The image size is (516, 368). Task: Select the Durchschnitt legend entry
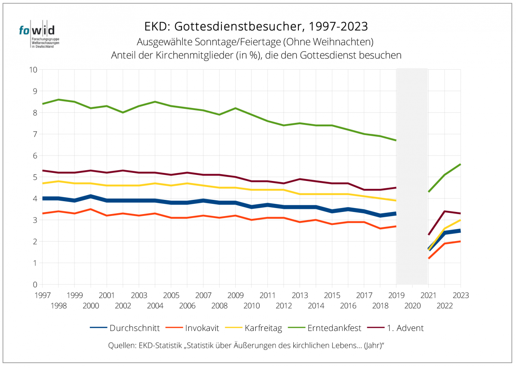tap(125, 328)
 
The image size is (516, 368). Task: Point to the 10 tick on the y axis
tap(33, 70)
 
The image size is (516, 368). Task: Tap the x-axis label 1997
tap(42, 296)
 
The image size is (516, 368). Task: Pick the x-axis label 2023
tap(460, 296)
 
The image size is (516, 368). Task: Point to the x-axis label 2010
tap(252, 306)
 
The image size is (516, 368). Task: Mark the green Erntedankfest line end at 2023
tap(460, 164)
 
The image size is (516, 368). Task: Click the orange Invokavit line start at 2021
tap(429, 258)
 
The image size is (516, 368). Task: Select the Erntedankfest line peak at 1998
tap(58, 100)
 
